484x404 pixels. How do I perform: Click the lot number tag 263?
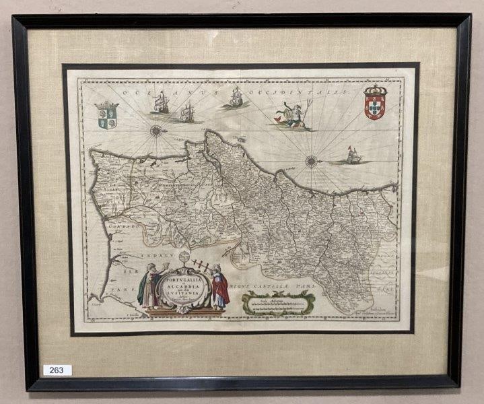57,370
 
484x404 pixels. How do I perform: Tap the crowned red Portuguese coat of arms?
375,104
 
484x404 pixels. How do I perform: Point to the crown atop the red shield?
375,90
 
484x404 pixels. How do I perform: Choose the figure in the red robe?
220,288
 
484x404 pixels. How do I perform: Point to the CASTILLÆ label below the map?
269,286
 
